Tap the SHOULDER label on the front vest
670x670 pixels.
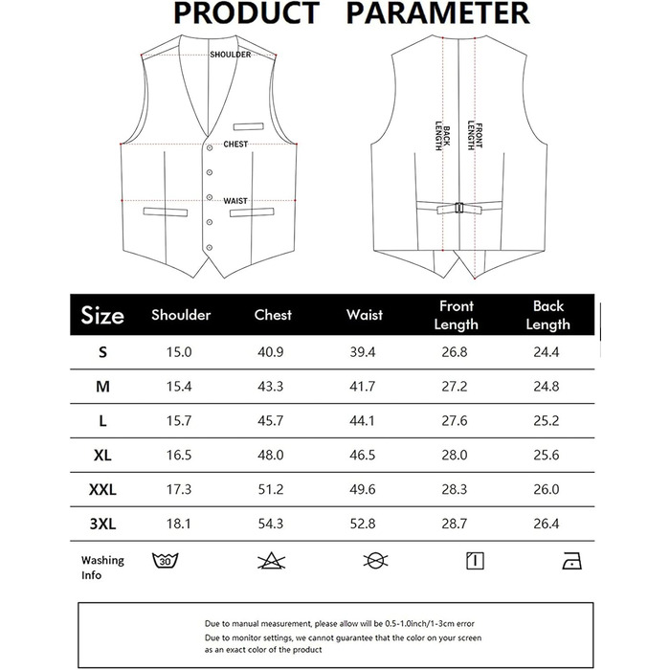tap(230, 55)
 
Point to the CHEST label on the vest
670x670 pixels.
tap(235, 145)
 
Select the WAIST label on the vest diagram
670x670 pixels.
tap(235, 201)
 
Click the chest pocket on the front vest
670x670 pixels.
tap(250, 124)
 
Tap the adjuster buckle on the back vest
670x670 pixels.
tap(459, 207)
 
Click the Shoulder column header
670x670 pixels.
tap(181, 315)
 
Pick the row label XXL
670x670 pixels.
tap(102, 489)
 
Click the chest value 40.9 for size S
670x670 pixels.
tap(273, 352)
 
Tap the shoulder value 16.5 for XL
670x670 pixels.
tap(179, 455)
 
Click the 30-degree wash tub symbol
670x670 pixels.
tap(166, 560)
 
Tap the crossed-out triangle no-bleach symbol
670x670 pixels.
tap(270, 560)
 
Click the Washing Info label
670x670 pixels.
tap(102, 567)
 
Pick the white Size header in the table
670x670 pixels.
tap(102, 315)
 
